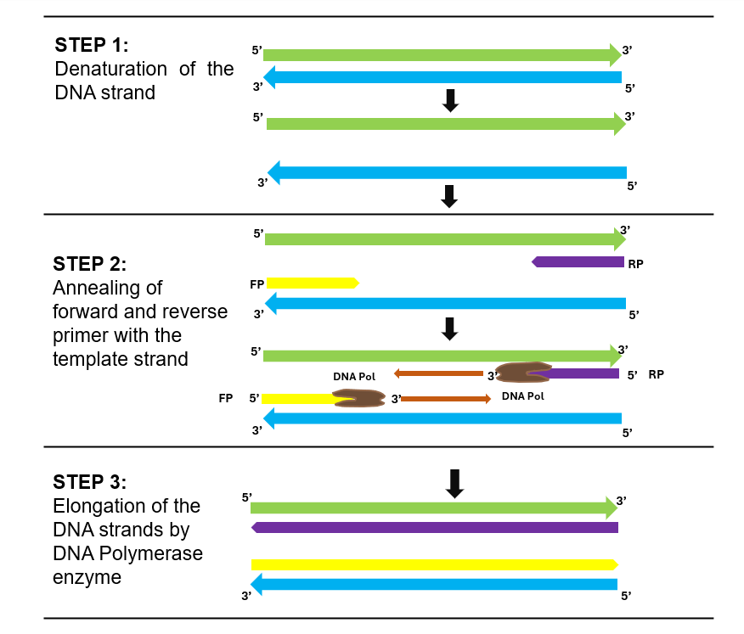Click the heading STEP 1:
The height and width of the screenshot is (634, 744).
pyautogui.click(x=91, y=45)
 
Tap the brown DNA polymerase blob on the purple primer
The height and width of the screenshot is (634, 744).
pyautogui.click(x=521, y=372)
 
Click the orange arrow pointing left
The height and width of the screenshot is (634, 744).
pyautogui.click(x=438, y=373)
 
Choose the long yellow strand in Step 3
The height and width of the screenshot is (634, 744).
pyautogui.click(x=434, y=564)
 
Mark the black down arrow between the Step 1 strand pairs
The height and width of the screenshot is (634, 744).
pyautogui.click(x=451, y=100)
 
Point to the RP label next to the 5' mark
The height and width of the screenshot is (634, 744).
pyautogui.click(x=656, y=373)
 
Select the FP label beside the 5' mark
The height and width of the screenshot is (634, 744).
pyautogui.click(x=226, y=397)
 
